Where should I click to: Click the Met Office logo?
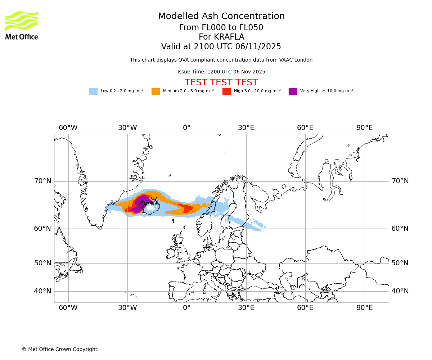tap(22, 25)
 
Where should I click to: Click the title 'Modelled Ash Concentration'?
tap(221, 16)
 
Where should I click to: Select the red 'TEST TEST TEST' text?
tap(221, 82)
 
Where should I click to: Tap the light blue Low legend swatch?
tap(93, 91)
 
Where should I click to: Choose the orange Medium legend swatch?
tap(156, 91)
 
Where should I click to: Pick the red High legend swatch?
tap(226, 91)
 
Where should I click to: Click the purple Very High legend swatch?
tap(293, 91)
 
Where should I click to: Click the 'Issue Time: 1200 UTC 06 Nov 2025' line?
tap(221, 72)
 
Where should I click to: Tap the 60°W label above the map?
tap(68, 128)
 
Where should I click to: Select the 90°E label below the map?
tap(364, 308)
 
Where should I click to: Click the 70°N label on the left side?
tap(43, 181)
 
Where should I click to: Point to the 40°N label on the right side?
tap(400, 291)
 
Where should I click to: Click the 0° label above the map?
tap(186, 128)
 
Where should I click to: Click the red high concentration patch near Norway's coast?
tap(187, 208)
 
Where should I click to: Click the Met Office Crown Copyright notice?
tap(59, 349)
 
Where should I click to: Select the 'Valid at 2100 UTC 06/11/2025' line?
tap(221, 46)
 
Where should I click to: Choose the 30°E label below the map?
tap(246, 308)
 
